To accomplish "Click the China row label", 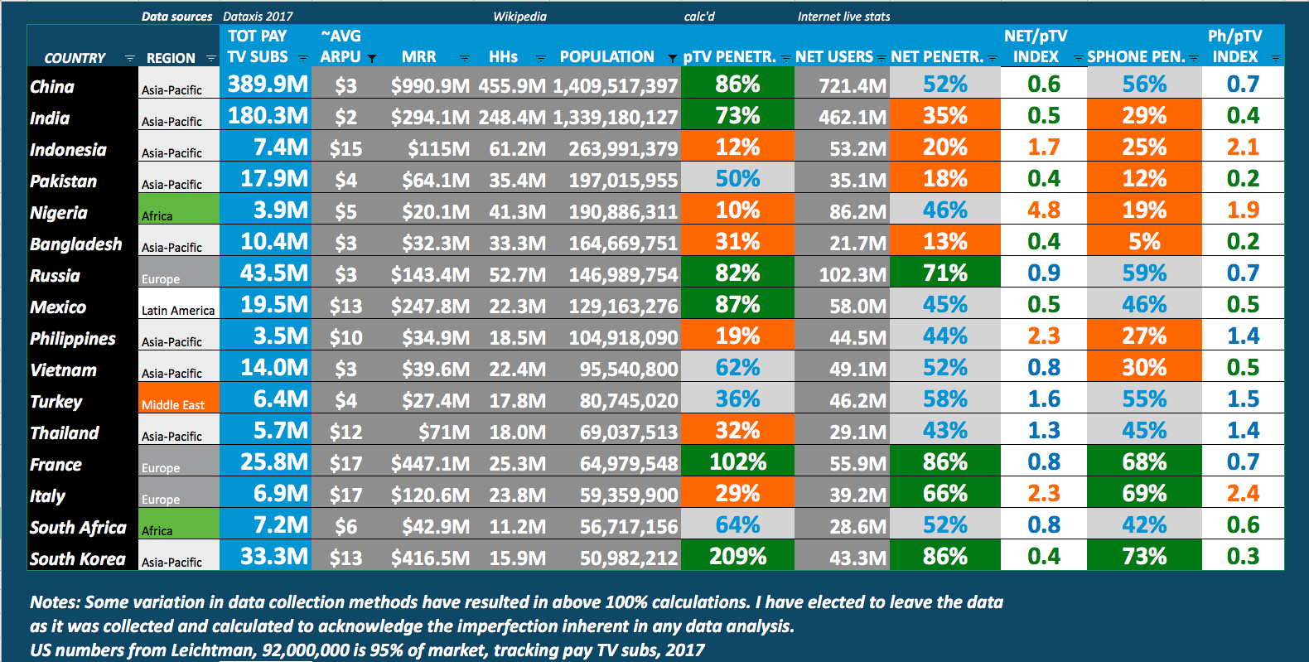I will click(52, 87).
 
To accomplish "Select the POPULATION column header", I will click(606, 57).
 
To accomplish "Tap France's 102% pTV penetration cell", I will click(737, 461).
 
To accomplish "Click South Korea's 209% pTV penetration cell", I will click(737, 556).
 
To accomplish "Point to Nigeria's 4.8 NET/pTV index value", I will click(1043, 210).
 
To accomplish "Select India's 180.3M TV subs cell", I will click(268, 115).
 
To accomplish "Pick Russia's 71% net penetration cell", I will click(944, 273).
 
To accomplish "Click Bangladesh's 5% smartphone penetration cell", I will click(1143, 241).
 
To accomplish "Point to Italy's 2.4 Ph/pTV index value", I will click(1243, 493).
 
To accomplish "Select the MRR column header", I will click(418, 57).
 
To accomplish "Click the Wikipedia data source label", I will click(519, 17).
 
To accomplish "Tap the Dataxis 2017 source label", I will click(258, 17).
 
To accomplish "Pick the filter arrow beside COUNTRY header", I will click(129, 58).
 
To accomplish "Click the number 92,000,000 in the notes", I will click(306, 650).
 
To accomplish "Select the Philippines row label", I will click(73, 339).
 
